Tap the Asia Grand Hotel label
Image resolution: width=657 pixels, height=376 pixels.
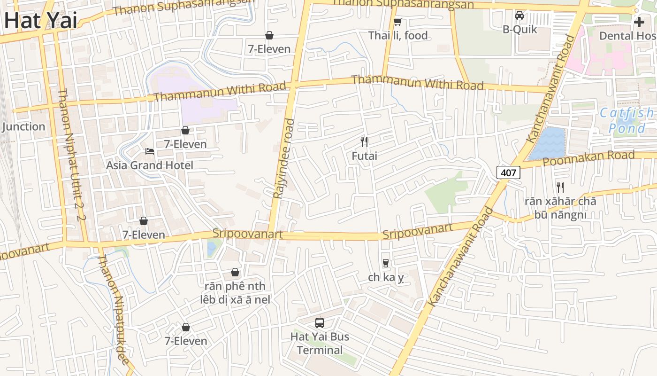[x=149, y=165]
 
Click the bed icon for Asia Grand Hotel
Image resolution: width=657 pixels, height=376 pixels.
[x=149, y=151]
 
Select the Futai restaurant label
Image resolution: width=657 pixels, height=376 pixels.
[x=364, y=156]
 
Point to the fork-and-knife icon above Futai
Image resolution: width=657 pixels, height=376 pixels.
[x=364, y=141]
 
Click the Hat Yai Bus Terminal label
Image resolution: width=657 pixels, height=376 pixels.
[x=320, y=344]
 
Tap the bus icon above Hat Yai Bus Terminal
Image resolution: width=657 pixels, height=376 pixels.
[x=320, y=322]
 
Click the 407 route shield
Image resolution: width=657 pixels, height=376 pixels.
[x=508, y=172]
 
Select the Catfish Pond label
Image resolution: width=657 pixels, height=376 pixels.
[x=627, y=120]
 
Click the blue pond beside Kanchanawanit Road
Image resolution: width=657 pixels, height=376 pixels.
[x=547, y=143]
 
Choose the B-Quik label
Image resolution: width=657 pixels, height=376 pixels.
[x=519, y=30]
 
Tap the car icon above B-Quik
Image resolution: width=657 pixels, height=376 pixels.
[x=519, y=16]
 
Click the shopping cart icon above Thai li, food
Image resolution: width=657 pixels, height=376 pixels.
[x=397, y=22]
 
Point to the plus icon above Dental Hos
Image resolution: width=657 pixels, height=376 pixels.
[x=639, y=22]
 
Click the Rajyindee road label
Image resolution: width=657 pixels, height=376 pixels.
[x=284, y=158]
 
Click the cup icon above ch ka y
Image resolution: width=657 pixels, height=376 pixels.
[x=386, y=263]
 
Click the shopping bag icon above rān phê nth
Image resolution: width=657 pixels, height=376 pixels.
[x=235, y=272]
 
